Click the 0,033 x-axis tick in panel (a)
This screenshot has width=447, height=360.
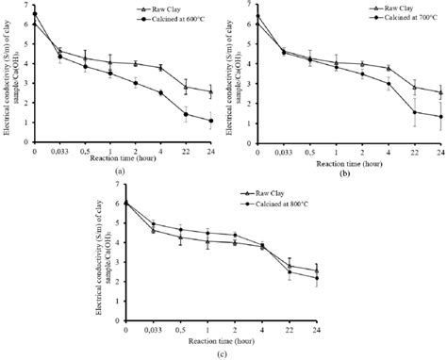pos(59,152)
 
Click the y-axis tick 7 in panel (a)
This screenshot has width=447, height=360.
pos(25,5)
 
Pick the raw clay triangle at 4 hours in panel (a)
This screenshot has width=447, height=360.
pos(160,68)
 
